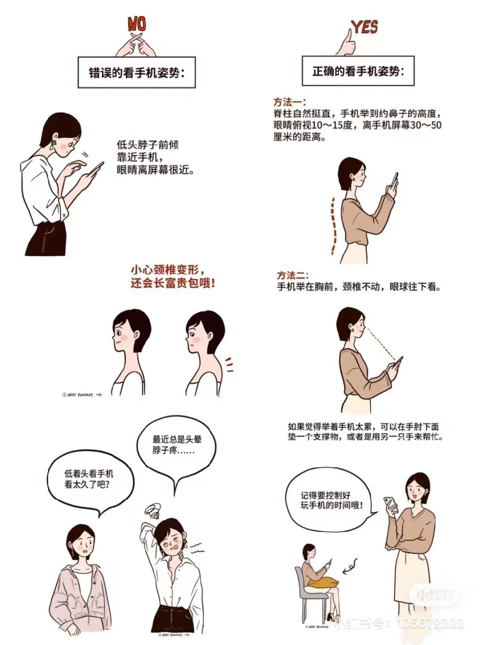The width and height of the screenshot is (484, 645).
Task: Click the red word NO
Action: coord(137,24)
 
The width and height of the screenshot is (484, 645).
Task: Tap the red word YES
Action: coord(365,27)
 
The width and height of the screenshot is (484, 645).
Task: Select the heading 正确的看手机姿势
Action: coord(358,71)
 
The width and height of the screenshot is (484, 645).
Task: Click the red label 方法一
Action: coord(290,102)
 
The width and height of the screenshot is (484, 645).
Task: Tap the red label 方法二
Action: coord(293,275)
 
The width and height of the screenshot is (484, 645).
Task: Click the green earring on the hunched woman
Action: coord(54,143)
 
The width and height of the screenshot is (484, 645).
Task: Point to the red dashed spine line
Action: coord(333,226)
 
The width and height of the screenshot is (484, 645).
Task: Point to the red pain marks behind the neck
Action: coord(230,364)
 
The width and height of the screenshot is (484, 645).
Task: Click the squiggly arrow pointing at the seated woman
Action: coord(350,566)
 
